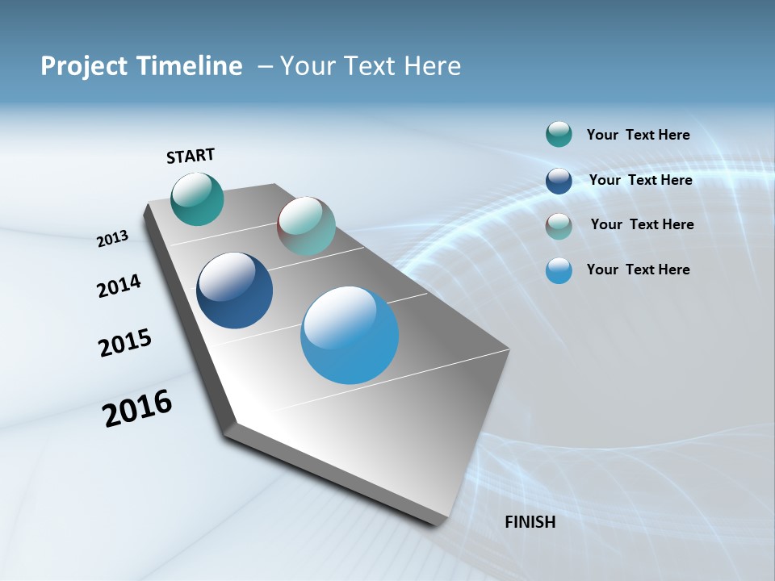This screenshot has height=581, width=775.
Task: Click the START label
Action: [191, 156]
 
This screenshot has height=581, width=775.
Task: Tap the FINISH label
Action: [530, 522]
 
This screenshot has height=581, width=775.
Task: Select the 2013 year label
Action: [112, 239]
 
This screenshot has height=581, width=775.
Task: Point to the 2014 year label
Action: [119, 286]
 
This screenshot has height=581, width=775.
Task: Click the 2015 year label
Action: [124, 343]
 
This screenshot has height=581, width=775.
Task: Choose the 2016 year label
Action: [137, 408]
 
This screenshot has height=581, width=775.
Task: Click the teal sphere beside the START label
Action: [197, 199]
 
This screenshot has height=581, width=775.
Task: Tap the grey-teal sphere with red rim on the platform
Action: [306, 226]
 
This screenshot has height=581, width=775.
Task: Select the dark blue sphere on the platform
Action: [234, 290]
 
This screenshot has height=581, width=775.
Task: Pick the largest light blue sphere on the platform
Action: [350, 335]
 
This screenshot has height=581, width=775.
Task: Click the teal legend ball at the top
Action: [559, 135]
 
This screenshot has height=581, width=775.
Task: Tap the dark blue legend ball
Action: [559, 181]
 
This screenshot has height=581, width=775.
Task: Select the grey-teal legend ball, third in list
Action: [559, 226]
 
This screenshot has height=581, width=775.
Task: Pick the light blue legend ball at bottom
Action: [559, 270]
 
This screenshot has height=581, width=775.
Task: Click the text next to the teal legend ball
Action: [638, 135]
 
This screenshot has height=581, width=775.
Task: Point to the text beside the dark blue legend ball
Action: [640, 180]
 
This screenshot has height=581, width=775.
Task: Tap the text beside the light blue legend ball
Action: [638, 270]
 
